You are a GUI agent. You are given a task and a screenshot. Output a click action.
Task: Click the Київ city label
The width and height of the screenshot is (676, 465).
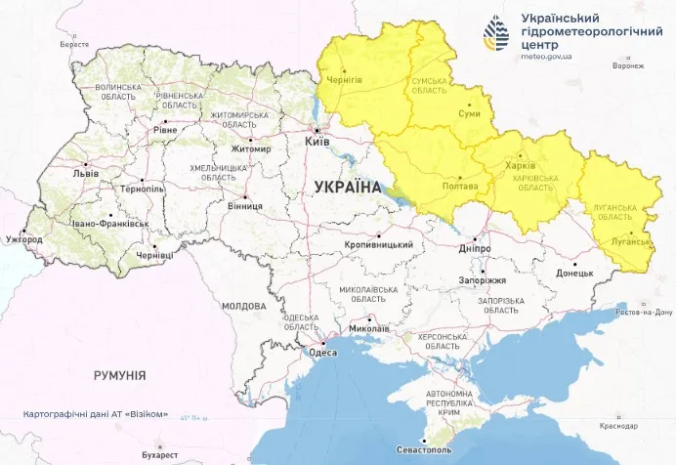(318, 142)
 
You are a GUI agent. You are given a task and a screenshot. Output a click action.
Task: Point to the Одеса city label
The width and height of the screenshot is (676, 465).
(322, 353)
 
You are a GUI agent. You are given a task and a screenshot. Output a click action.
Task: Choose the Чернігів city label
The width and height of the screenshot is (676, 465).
(344, 80)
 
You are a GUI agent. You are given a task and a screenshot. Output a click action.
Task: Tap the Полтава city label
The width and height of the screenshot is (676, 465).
(460, 186)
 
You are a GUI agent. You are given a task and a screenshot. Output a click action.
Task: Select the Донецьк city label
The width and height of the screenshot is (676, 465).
(574, 274)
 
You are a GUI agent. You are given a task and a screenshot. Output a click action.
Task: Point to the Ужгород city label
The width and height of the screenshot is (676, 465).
(22, 239)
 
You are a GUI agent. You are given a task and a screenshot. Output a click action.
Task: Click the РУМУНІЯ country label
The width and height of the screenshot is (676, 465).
(120, 375)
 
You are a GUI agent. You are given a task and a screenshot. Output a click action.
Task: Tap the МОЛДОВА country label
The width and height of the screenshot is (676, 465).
(243, 306)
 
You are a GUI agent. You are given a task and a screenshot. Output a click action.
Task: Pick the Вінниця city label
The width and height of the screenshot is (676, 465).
(243, 206)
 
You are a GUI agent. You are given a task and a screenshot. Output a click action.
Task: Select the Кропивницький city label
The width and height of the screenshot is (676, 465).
(378, 244)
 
